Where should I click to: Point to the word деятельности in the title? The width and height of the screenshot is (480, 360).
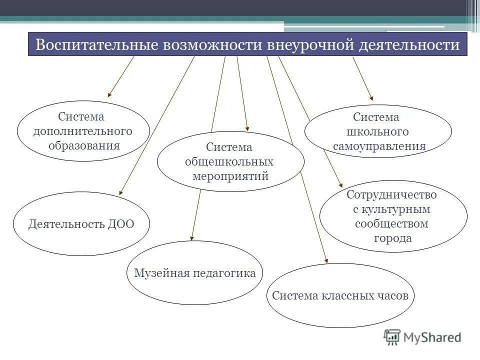(x=409, y=45)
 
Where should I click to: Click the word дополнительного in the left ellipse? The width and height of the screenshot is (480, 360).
(x=83, y=131)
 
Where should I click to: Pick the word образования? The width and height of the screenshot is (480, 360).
(x=84, y=145)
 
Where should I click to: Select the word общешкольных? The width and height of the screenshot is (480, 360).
(x=229, y=162)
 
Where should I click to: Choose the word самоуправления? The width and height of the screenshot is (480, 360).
(x=379, y=146)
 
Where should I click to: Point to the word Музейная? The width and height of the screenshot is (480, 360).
(x=161, y=273)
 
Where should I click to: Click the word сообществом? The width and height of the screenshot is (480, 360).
(x=392, y=223)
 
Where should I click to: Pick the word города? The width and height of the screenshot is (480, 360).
(x=392, y=238)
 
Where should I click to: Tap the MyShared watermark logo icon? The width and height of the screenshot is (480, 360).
(x=393, y=337)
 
